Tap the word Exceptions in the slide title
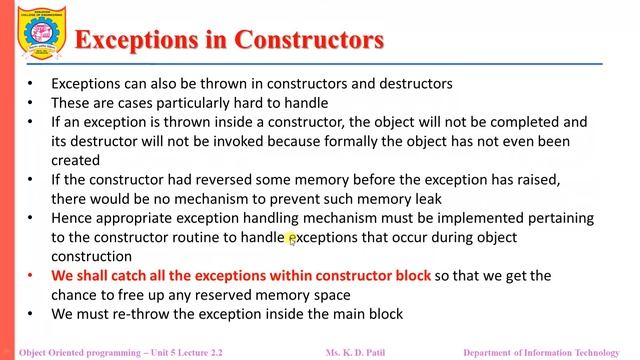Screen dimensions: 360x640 click(143, 40)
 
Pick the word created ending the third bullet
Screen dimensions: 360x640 click(76, 160)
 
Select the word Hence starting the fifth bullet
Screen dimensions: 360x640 click(72, 218)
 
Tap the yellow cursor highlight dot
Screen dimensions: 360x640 click(292, 238)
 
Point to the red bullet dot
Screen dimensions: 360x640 click(31, 276)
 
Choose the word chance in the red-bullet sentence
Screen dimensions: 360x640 click(77, 295)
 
